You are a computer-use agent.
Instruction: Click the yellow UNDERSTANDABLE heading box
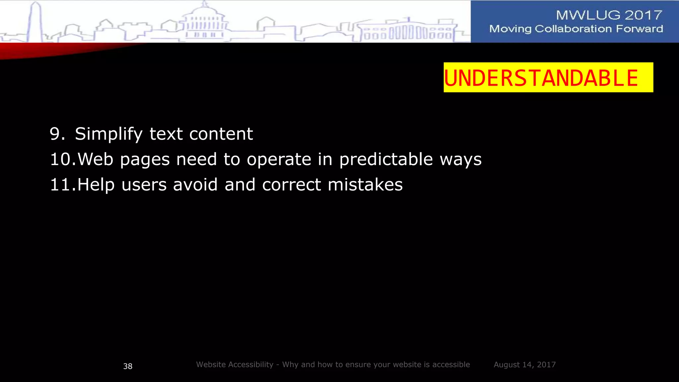[548, 77]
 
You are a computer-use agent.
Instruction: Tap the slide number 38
[128, 366]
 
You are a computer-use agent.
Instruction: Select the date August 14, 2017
[525, 365]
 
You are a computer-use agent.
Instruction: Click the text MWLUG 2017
[609, 15]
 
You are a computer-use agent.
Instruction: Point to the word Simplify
[108, 134]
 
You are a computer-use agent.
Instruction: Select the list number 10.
[62, 159]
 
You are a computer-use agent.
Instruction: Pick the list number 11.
[62, 185]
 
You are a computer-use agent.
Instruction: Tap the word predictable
[386, 159]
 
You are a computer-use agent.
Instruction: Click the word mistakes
[365, 185]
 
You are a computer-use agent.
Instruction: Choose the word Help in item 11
[96, 185]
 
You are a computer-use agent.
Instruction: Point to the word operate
[279, 159]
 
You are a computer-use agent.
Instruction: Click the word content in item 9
[221, 134]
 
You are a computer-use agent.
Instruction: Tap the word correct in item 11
[291, 185]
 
